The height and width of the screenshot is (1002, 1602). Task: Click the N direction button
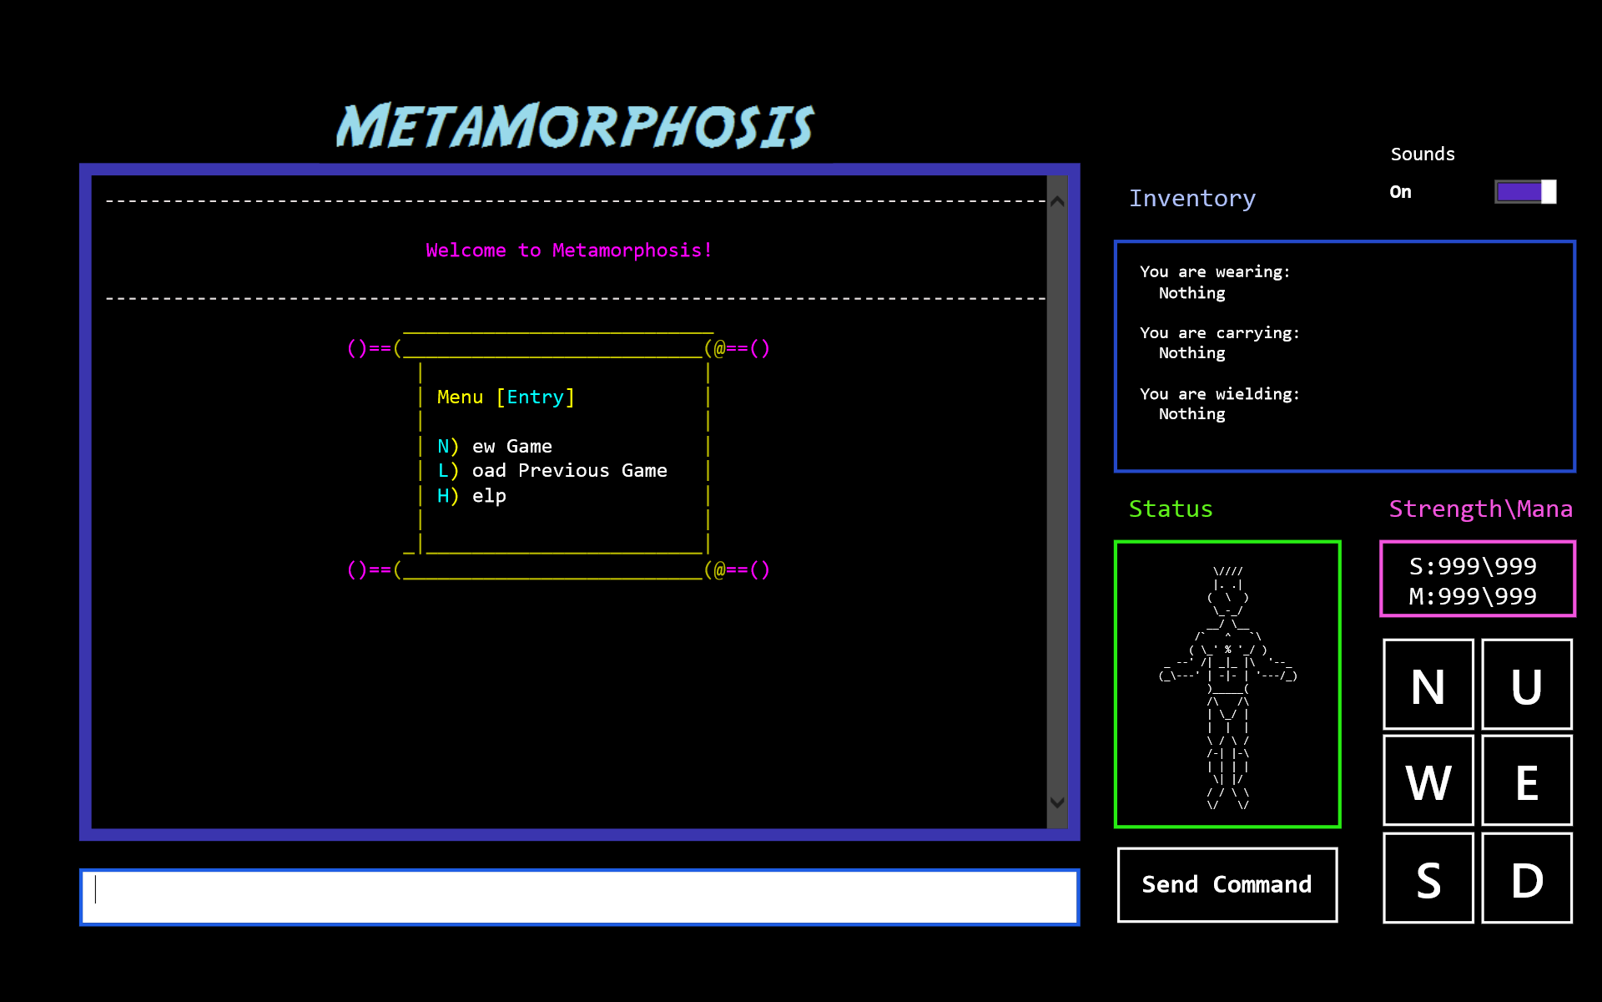[x=1428, y=685]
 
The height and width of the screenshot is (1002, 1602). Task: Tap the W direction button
[x=1428, y=781]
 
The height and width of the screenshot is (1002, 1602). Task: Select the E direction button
[x=1526, y=781]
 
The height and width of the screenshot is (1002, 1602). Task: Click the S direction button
[x=1428, y=878]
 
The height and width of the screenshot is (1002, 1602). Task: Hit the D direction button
[x=1526, y=878]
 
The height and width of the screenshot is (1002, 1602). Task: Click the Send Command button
[x=1227, y=885]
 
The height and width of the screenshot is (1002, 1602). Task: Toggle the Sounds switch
[x=1525, y=192]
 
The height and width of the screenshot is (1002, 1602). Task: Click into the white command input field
[x=579, y=897]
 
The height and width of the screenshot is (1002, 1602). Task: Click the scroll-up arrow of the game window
[x=1057, y=201]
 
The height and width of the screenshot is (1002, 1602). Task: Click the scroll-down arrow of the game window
[x=1057, y=802]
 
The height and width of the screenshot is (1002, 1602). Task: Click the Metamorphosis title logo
[x=575, y=126]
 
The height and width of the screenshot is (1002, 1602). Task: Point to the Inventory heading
[x=1191, y=199]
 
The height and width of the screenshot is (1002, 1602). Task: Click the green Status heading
[x=1170, y=509]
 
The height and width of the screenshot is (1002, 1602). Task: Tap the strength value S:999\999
[x=1473, y=566]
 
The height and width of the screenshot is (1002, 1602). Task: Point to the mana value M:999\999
[x=1473, y=596]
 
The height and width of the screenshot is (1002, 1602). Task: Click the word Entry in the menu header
[x=535, y=397]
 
